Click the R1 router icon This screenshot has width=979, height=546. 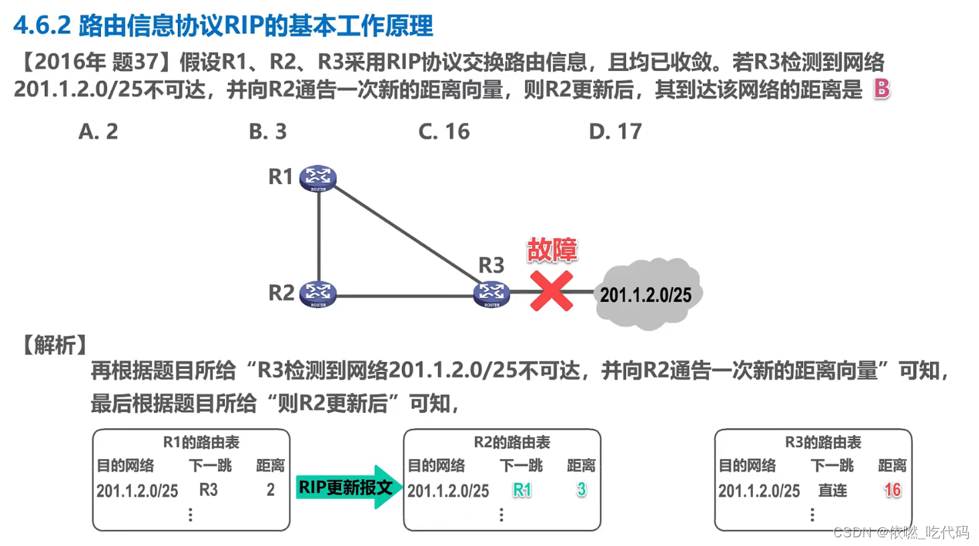(x=318, y=178)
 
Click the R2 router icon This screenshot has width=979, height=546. (x=318, y=293)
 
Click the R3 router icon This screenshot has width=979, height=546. (x=492, y=293)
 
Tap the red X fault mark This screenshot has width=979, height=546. (x=551, y=291)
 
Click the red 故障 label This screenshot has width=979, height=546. (x=552, y=250)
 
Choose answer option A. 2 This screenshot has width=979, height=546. (x=98, y=132)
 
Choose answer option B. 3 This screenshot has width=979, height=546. (x=267, y=132)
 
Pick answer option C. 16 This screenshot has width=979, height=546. (x=444, y=132)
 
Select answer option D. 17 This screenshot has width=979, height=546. (x=615, y=132)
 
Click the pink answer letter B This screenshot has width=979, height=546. (x=881, y=88)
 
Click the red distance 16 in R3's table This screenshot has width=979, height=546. (x=892, y=490)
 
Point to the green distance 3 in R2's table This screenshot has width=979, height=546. (x=581, y=490)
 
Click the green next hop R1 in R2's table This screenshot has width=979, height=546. (x=522, y=490)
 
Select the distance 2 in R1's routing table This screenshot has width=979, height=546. (x=270, y=490)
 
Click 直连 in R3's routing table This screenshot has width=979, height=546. (x=833, y=490)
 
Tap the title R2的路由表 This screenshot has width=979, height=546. (x=512, y=442)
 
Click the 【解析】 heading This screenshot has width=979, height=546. (x=55, y=345)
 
